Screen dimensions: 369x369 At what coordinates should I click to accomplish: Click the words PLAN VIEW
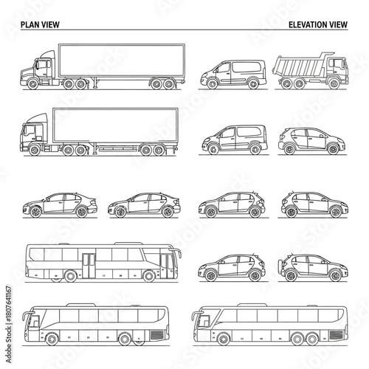(40, 24)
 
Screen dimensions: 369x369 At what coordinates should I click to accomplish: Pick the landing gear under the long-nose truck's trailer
(97, 81)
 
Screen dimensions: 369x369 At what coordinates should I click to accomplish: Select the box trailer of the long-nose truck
(118, 59)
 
